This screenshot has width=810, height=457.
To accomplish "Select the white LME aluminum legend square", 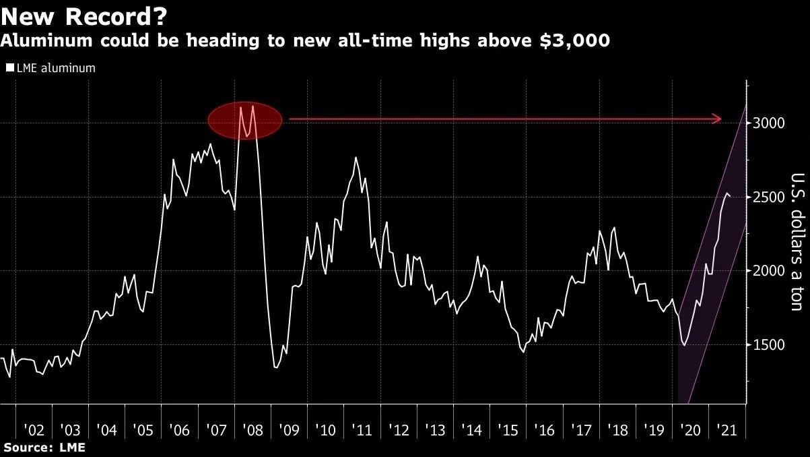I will [9, 68].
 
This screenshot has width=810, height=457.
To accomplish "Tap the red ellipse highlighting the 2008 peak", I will [243, 121].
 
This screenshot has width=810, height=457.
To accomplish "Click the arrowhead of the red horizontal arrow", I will [718, 119].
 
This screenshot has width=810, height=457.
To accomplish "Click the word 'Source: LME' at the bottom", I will [44, 447].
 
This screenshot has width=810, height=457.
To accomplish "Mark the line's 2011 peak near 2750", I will [356, 158].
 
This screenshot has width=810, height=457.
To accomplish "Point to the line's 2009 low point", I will [275, 367].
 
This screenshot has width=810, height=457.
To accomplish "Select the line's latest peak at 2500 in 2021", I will [725, 193].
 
